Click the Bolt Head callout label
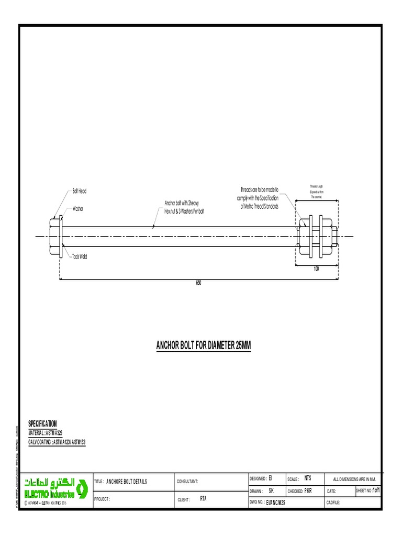click(x=79, y=191)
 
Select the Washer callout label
click(x=78, y=208)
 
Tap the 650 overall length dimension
click(x=198, y=283)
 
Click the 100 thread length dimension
click(x=316, y=269)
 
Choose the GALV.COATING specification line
click(x=57, y=442)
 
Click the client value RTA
click(x=204, y=499)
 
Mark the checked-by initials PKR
click(x=308, y=491)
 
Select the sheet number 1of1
click(x=376, y=490)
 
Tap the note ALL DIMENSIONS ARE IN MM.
click(x=354, y=479)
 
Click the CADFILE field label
click(x=333, y=502)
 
